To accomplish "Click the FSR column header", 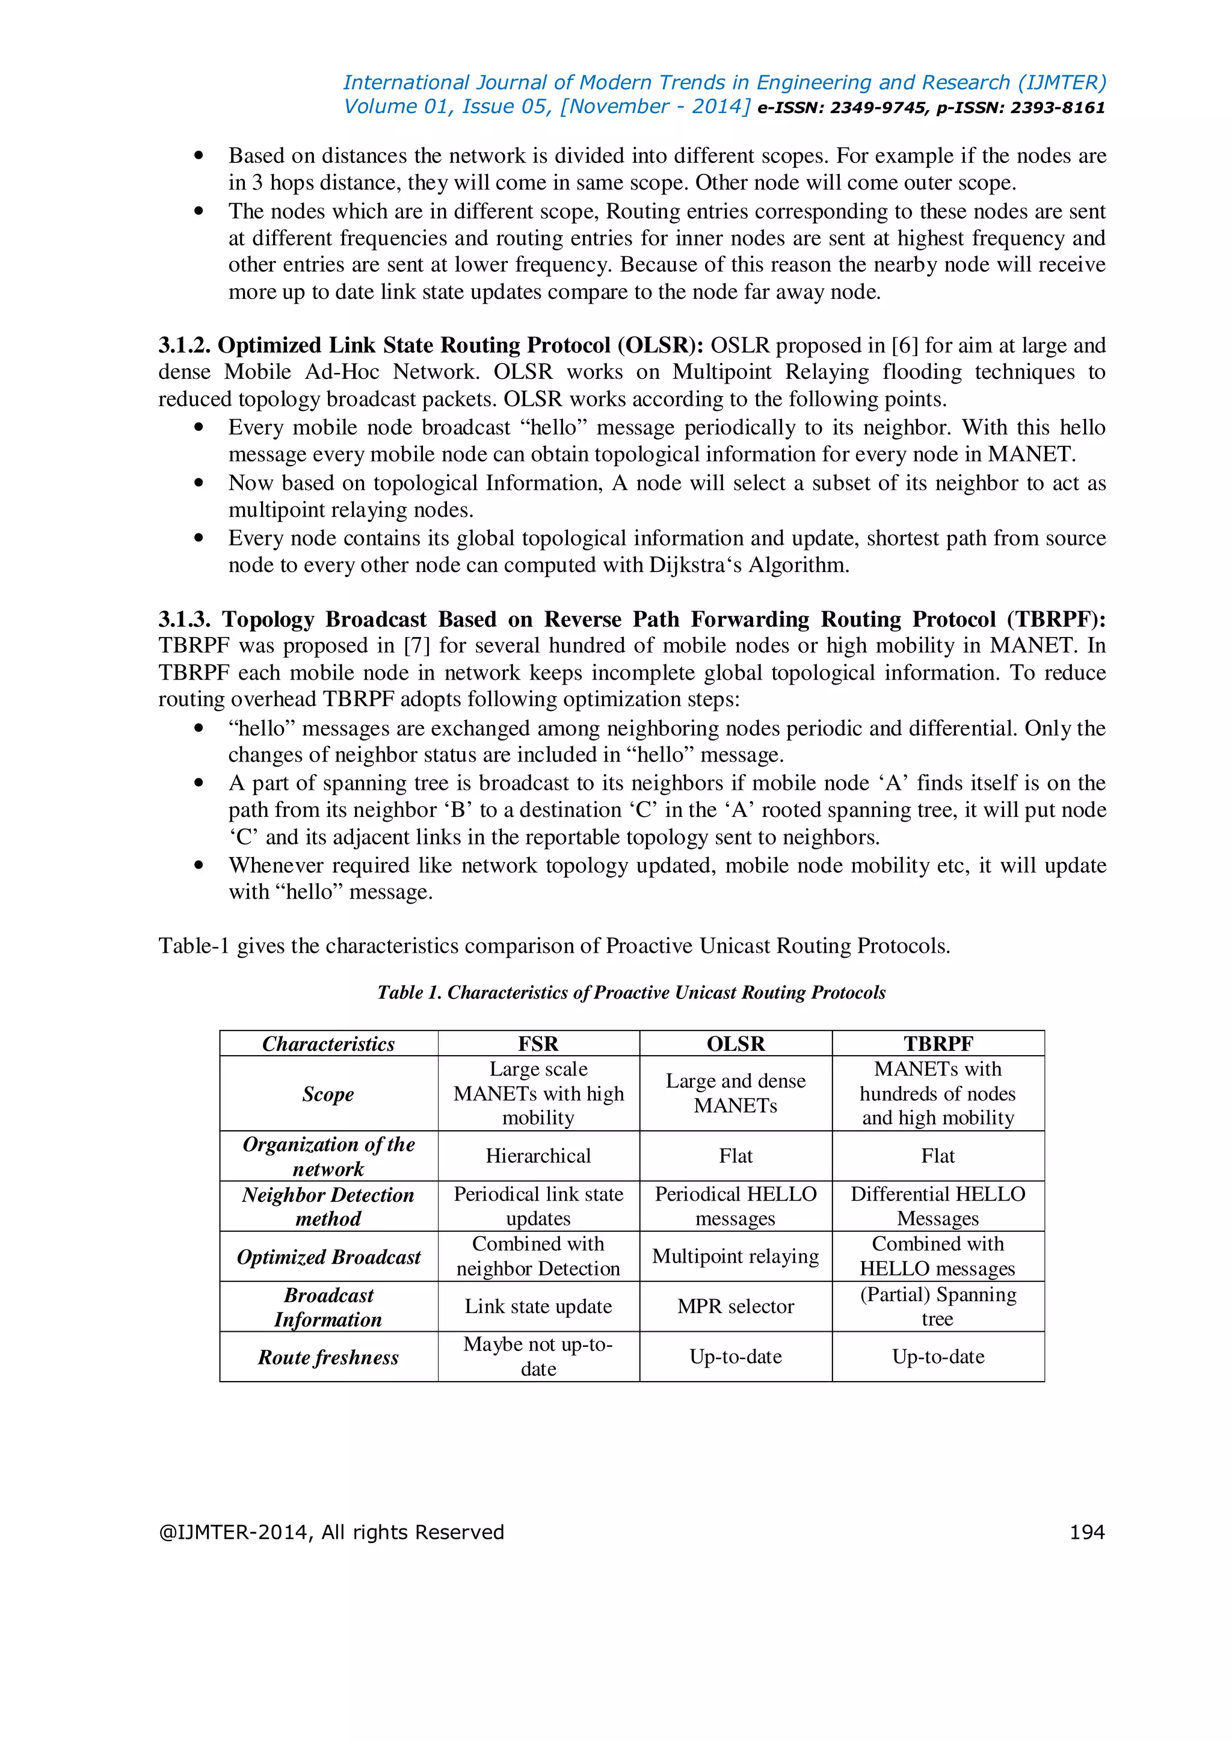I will point(538,1044).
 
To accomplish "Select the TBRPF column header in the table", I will point(938,1044).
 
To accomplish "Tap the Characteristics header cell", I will point(328,1044).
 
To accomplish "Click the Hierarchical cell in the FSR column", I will point(538,1156).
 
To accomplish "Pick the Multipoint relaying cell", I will point(735,1257).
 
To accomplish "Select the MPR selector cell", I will point(735,1306).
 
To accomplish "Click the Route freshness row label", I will point(328,1358).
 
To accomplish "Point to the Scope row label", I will point(328,1094).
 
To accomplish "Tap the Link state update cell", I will point(538,1306).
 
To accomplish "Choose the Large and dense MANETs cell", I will point(735,1094).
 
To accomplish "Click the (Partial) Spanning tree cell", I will point(938,1306).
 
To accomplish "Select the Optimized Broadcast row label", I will point(328,1257).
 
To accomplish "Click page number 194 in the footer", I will point(1086,1533).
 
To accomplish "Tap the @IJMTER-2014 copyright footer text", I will point(331,1533).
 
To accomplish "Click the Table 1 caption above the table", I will point(631,993).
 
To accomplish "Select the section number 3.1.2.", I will point(184,346).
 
